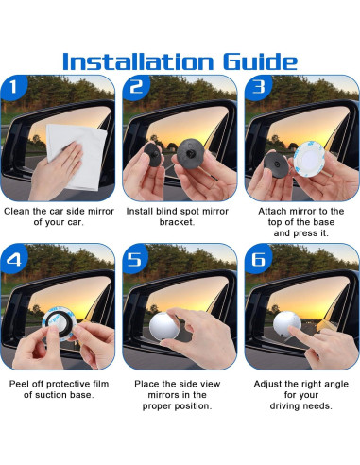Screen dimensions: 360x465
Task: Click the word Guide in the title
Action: click(x=261, y=61)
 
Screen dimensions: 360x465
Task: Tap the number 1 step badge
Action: click(x=14, y=87)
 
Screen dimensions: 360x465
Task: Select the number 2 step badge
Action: click(x=136, y=87)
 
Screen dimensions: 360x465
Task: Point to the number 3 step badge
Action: click(x=258, y=87)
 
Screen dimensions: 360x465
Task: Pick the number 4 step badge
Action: click(x=14, y=259)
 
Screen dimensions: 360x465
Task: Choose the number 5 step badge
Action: click(x=136, y=259)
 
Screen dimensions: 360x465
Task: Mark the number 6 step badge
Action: click(x=258, y=259)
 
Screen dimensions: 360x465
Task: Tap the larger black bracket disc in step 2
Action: click(x=190, y=154)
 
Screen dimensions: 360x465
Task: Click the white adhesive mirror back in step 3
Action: click(x=309, y=159)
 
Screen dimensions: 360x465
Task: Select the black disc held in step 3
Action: click(x=275, y=164)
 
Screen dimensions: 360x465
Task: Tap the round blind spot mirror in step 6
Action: click(x=287, y=324)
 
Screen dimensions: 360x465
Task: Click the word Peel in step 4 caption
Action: click(x=19, y=384)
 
